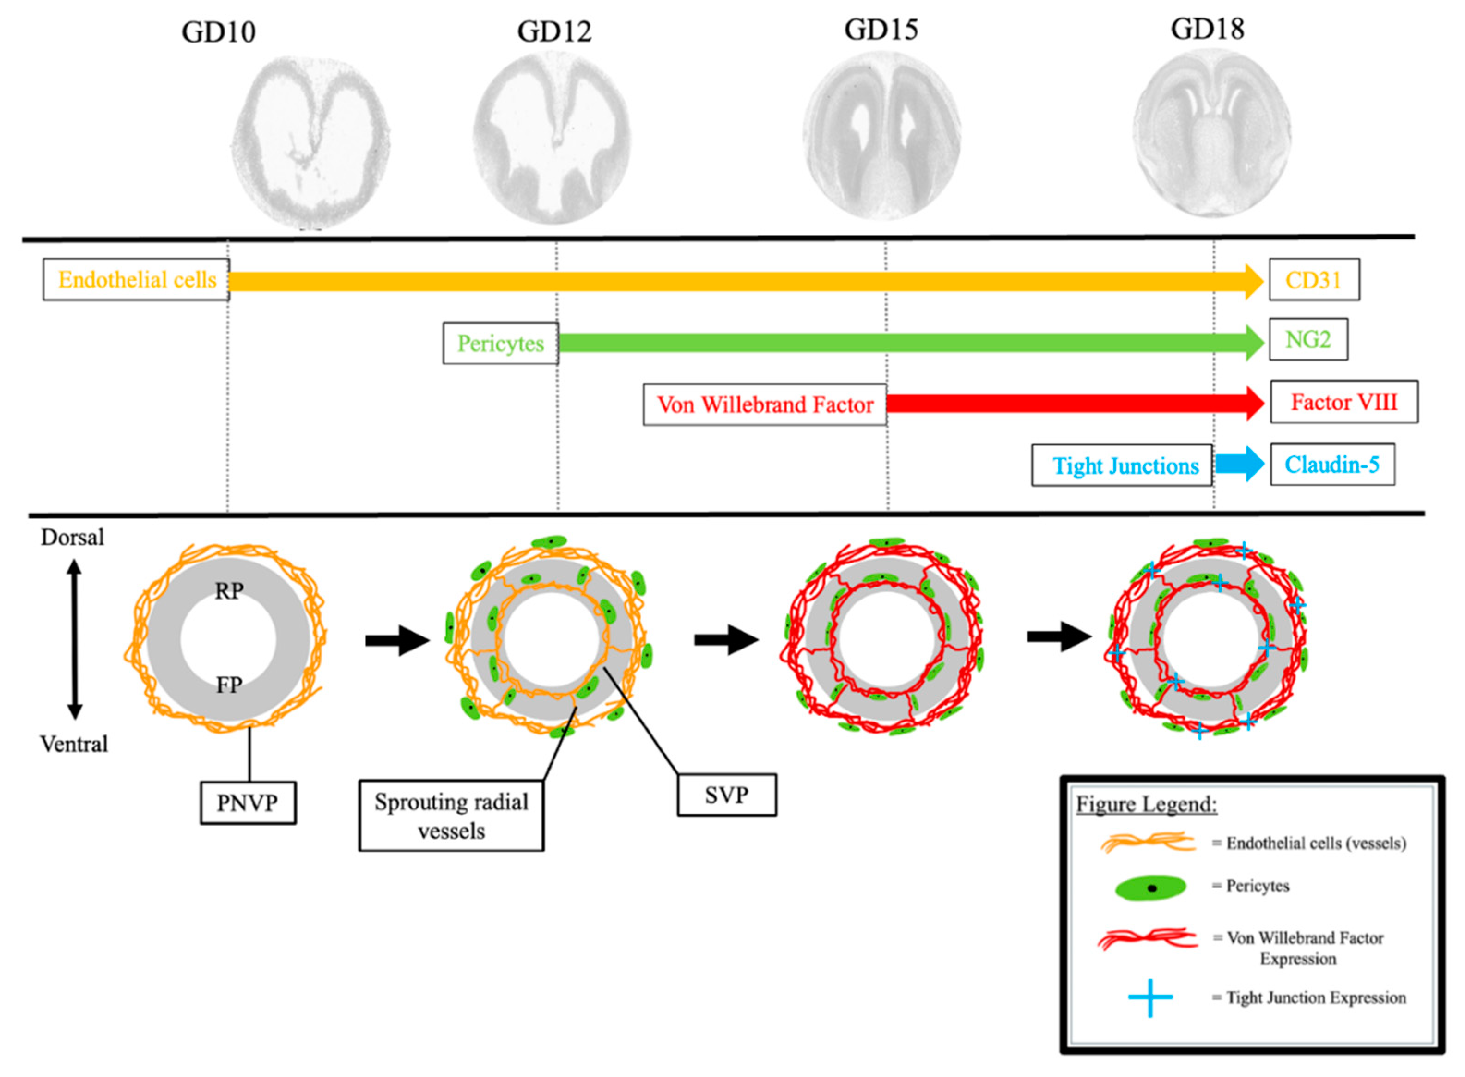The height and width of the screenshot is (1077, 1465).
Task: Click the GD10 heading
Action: click(219, 31)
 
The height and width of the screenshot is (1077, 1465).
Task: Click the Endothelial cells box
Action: click(136, 280)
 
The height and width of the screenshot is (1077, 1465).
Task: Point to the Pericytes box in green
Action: click(500, 343)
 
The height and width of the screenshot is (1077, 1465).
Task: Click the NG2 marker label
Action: click(1307, 339)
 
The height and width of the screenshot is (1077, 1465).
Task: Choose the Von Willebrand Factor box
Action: click(765, 405)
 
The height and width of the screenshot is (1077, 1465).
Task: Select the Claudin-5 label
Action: click(1331, 464)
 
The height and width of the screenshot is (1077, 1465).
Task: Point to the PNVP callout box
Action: click(248, 802)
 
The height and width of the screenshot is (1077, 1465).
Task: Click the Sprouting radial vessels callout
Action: click(451, 815)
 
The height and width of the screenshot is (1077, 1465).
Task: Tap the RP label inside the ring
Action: click(229, 591)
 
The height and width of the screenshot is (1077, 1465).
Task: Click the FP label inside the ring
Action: click(229, 685)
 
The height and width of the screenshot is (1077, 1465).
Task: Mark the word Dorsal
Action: click(73, 537)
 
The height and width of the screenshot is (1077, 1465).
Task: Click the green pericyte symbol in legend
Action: click(1151, 888)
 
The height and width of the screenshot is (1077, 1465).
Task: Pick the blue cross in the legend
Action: click(1150, 997)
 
